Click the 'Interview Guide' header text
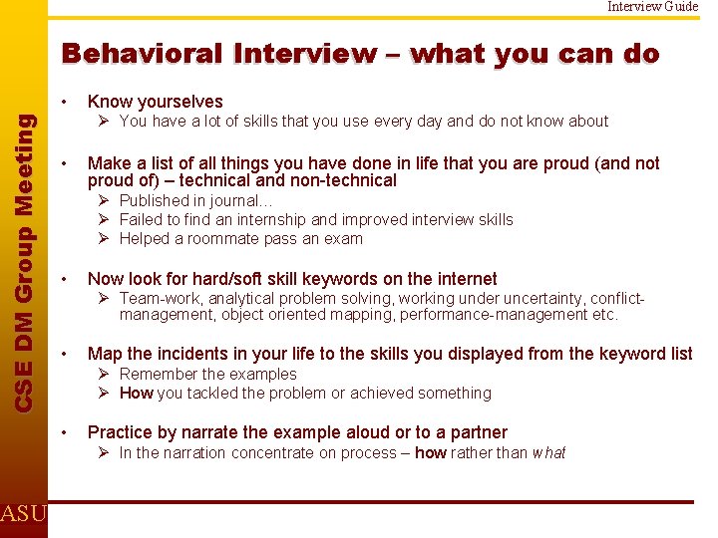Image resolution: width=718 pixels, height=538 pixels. click(654, 6)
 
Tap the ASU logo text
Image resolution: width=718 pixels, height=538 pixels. click(22, 514)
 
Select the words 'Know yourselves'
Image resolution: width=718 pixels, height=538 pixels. click(155, 102)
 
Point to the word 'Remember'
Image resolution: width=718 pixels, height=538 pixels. click(155, 374)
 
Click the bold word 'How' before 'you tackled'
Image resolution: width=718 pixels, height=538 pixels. click(136, 393)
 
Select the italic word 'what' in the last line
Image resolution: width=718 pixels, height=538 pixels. click(547, 453)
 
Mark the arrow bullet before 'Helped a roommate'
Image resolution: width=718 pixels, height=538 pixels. click(104, 238)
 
